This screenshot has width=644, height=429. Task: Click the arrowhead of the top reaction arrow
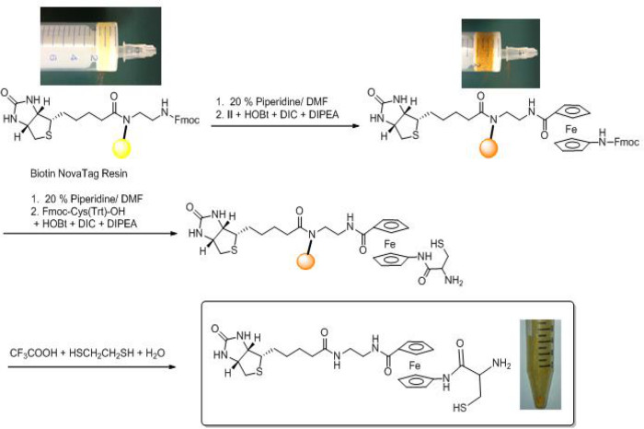click(x=355, y=130)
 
